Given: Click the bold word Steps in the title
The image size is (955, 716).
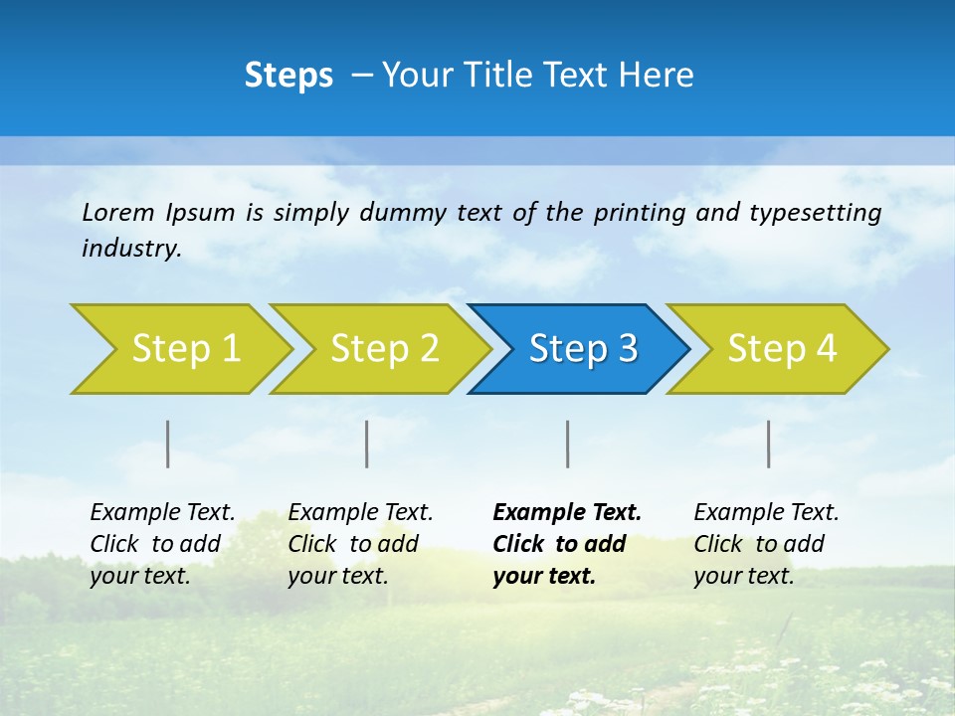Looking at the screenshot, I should click(288, 76).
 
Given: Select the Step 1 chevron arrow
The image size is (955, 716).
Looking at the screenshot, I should click(179, 348).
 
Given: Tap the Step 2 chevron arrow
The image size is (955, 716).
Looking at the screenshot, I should click(379, 348).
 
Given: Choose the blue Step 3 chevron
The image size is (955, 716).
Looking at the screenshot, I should click(578, 348).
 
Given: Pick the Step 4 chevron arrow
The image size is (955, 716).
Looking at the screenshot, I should click(777, 348).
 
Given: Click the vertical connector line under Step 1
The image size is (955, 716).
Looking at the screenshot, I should click(168, 444).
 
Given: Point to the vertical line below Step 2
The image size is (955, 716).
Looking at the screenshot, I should click(367, 444).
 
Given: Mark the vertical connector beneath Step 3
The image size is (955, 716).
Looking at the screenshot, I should click(568, 444).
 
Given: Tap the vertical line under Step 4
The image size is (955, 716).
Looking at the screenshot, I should click(769, 444).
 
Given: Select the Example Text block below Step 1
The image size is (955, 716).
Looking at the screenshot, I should click(162, 544).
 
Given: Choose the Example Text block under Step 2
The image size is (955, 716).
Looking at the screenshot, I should click(360, 544).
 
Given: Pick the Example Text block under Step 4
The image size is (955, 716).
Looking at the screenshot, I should click(766, 544).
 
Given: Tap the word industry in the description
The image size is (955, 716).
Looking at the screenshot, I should click(130, 248).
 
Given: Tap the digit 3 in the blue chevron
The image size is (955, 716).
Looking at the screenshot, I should click(628, 348).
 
